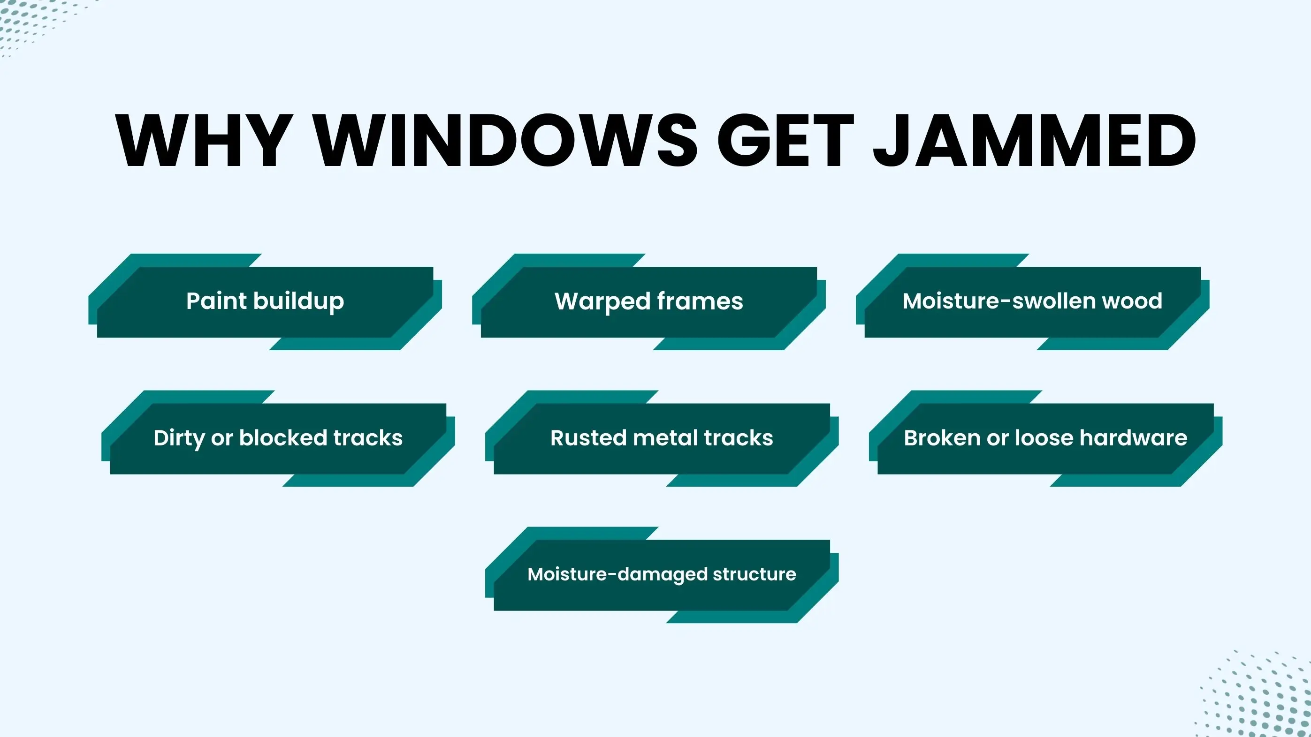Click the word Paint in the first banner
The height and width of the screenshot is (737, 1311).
(x=216, y=301)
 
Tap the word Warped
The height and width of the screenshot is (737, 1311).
(x=601, y=301)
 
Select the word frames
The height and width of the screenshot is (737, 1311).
(x=700, y=301)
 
